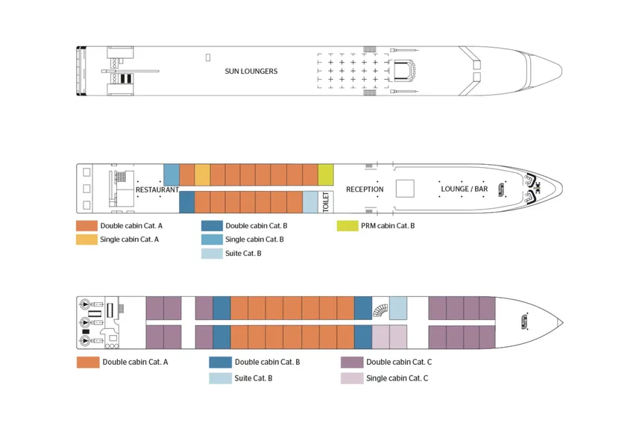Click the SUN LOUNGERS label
point(251,72)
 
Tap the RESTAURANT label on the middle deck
point(157,189)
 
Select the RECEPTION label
point(365,189)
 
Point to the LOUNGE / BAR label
point(464,189)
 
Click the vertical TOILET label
point(326,202)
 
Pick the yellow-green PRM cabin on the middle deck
point(325,175)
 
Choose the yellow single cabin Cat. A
point(202,175)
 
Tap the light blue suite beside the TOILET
point(310,202)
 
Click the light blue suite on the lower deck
point(398,308)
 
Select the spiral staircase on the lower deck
point(380,308)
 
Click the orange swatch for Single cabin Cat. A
point(86,239)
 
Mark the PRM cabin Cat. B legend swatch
point(347,225)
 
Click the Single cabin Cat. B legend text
point(254,239)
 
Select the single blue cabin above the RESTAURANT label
point(171,175)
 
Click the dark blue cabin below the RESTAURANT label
point(186,202)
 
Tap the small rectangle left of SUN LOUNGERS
point(208,57)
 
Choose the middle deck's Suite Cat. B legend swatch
point(212,254)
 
